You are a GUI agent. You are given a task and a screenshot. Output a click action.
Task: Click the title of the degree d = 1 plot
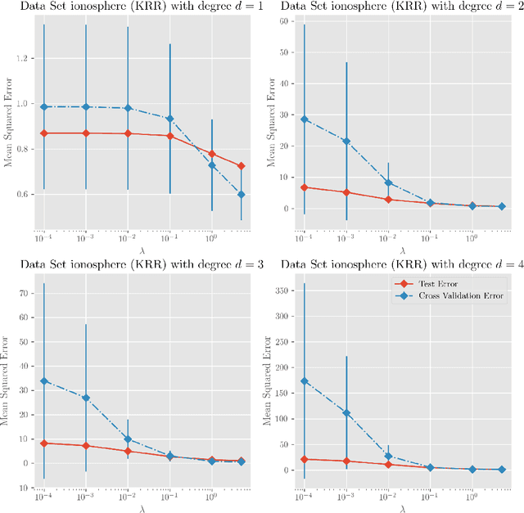[131, 7]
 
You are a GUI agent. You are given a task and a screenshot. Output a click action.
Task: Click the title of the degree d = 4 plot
[392, 263]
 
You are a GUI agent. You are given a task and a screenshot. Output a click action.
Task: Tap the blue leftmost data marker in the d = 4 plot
[304, 381]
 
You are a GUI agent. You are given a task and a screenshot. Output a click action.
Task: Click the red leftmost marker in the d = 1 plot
[44, 133]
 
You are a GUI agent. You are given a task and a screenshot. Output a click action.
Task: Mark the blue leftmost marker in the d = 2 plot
[304, 119]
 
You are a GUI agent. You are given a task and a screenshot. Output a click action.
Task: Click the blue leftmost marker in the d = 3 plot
[44, 381]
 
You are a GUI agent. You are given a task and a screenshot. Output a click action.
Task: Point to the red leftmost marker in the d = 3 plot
[44, 443]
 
